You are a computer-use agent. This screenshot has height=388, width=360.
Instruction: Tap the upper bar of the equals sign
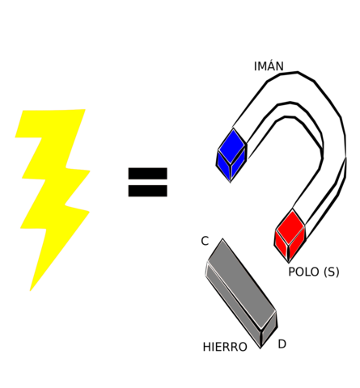(147, 173)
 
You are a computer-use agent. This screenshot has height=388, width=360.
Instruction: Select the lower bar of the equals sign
(147, 191)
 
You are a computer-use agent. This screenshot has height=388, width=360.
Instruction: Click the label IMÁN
(269, 67)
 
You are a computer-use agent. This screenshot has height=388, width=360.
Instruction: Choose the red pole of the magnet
(290, 235)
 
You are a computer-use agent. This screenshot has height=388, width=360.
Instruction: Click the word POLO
(304, 272)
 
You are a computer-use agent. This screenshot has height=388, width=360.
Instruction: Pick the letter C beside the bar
(205, 242)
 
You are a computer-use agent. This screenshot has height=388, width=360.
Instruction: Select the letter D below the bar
(282, 344)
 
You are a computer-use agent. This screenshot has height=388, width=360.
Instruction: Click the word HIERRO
(225, 348)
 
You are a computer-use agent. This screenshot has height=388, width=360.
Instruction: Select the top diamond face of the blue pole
(232, 145)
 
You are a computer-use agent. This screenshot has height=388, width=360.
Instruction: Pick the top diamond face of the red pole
(290, 224)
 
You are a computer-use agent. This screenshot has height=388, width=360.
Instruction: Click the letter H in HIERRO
(207, 348)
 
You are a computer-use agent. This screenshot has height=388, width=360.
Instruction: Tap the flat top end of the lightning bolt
(53, 111)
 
